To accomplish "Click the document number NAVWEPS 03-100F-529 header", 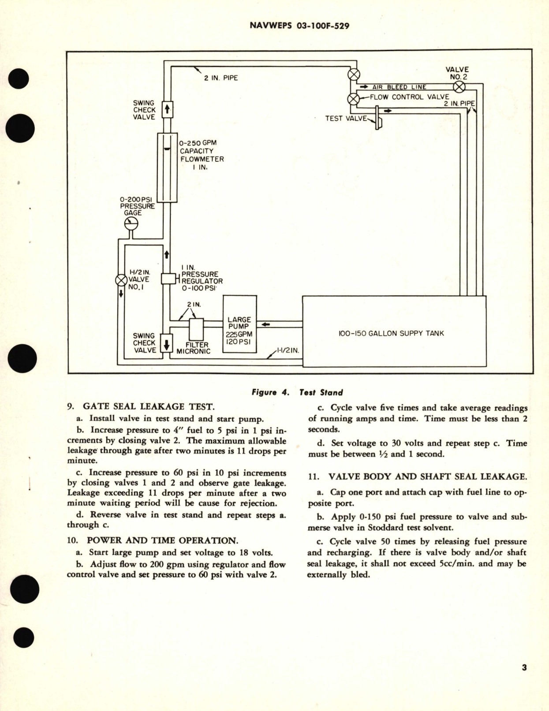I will (299, 26).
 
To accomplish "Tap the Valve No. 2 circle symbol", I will (459, 87).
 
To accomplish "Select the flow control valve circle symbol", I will (353, 99).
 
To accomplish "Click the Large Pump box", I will (239, 324).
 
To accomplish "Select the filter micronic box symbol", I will (196, 329).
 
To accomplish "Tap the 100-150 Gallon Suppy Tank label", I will (391, 333).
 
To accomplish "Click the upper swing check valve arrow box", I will (167, 109).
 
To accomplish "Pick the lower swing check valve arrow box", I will (166, 344).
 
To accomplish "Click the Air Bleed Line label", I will (399, 87).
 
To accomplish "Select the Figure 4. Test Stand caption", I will (296, 392).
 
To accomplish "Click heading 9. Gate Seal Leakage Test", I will (140, 406).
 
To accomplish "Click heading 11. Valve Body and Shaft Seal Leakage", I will (417, 476).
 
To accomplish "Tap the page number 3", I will (524, 668).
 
